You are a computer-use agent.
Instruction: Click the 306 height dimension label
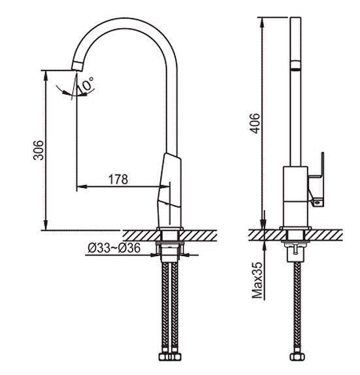click(39, 150)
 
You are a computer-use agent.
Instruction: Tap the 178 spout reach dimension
click(118, 180)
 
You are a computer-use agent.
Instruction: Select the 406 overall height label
click(255, 123)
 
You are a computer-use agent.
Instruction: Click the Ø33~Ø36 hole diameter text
click(114, 248)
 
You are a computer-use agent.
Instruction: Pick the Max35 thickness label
click(257, 280)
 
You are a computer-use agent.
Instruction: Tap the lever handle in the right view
click(316, 180)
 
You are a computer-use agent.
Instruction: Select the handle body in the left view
click(169, 190)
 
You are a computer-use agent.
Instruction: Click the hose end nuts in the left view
click(170, 357)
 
